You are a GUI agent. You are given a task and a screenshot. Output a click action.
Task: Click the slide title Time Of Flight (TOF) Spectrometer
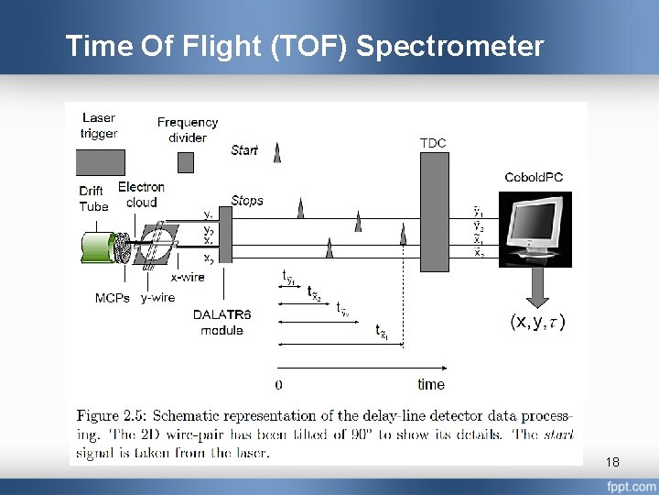[x=304, y=46]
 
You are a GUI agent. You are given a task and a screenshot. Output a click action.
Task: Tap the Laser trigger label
[x=99, y=126]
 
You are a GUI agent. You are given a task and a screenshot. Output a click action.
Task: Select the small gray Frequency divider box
[x=186, y=162]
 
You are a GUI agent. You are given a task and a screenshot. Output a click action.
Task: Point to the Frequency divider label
[x=188, y=129]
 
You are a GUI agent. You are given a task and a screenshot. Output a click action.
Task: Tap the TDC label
[x=433, y=142]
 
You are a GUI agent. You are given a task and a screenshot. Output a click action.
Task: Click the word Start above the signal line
[x=244, y=149]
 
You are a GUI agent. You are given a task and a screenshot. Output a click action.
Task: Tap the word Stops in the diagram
[x=247, y=200]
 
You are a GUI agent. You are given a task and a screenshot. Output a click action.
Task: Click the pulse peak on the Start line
[x=277, y=154]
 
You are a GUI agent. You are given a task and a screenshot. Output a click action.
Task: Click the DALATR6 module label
[x=221, y=322]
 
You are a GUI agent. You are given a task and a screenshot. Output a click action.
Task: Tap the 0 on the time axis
[x=278, y=384]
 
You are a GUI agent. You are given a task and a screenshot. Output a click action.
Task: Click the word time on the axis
[x=431, y=384]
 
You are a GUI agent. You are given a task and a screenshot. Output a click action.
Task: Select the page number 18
[x=612, y=463]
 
